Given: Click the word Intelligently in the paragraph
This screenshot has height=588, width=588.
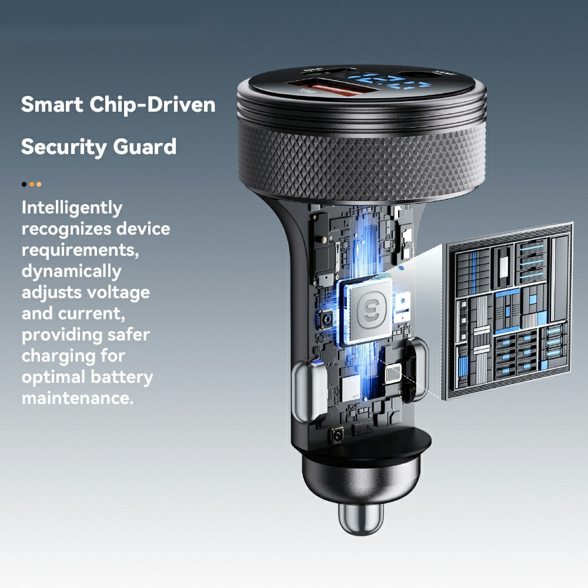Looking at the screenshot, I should tap(72, 208).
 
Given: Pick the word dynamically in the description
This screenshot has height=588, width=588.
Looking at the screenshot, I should tap(71, 271).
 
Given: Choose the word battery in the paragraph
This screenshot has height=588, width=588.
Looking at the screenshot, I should tap(121, 377).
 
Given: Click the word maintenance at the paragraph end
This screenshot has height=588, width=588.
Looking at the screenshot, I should tap(76, 398).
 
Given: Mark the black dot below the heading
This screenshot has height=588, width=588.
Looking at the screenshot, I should tap(24, 184).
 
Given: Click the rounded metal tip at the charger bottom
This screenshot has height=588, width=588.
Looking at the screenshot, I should tap(360, 517).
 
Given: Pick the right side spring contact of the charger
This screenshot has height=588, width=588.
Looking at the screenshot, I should tap(421, 370).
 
